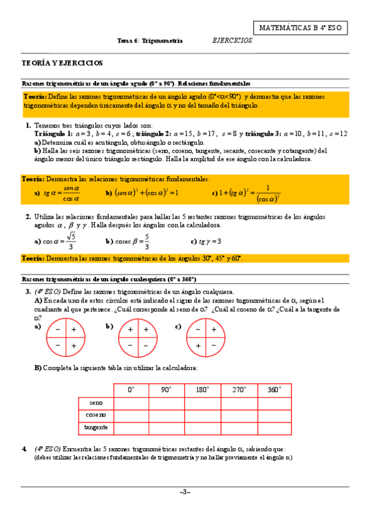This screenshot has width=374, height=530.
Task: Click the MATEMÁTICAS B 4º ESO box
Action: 300,27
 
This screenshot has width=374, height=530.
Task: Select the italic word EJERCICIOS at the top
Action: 232,40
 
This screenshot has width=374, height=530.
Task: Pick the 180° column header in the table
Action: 202,389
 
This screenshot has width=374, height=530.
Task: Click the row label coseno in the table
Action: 96,415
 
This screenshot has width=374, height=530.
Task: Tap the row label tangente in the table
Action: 96,427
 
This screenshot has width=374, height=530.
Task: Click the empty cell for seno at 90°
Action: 166,402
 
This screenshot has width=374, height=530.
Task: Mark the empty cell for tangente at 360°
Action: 273,427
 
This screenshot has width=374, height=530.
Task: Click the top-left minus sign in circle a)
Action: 57,329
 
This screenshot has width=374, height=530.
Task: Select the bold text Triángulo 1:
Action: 54,134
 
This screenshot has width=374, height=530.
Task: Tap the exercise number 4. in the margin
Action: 24,449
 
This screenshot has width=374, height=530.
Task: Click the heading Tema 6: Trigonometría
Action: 150,41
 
